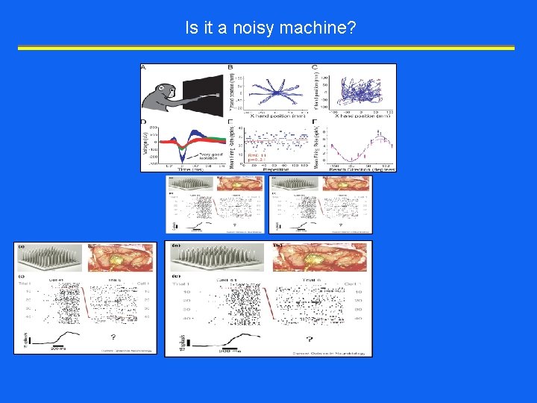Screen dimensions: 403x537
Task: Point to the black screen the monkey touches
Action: pos(201,96)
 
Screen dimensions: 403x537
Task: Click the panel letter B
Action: pos(230,68)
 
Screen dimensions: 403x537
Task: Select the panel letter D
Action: pos(143,121)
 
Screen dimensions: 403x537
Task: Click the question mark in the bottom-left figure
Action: pos(121,337)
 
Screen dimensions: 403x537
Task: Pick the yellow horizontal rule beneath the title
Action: pos(266,48)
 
